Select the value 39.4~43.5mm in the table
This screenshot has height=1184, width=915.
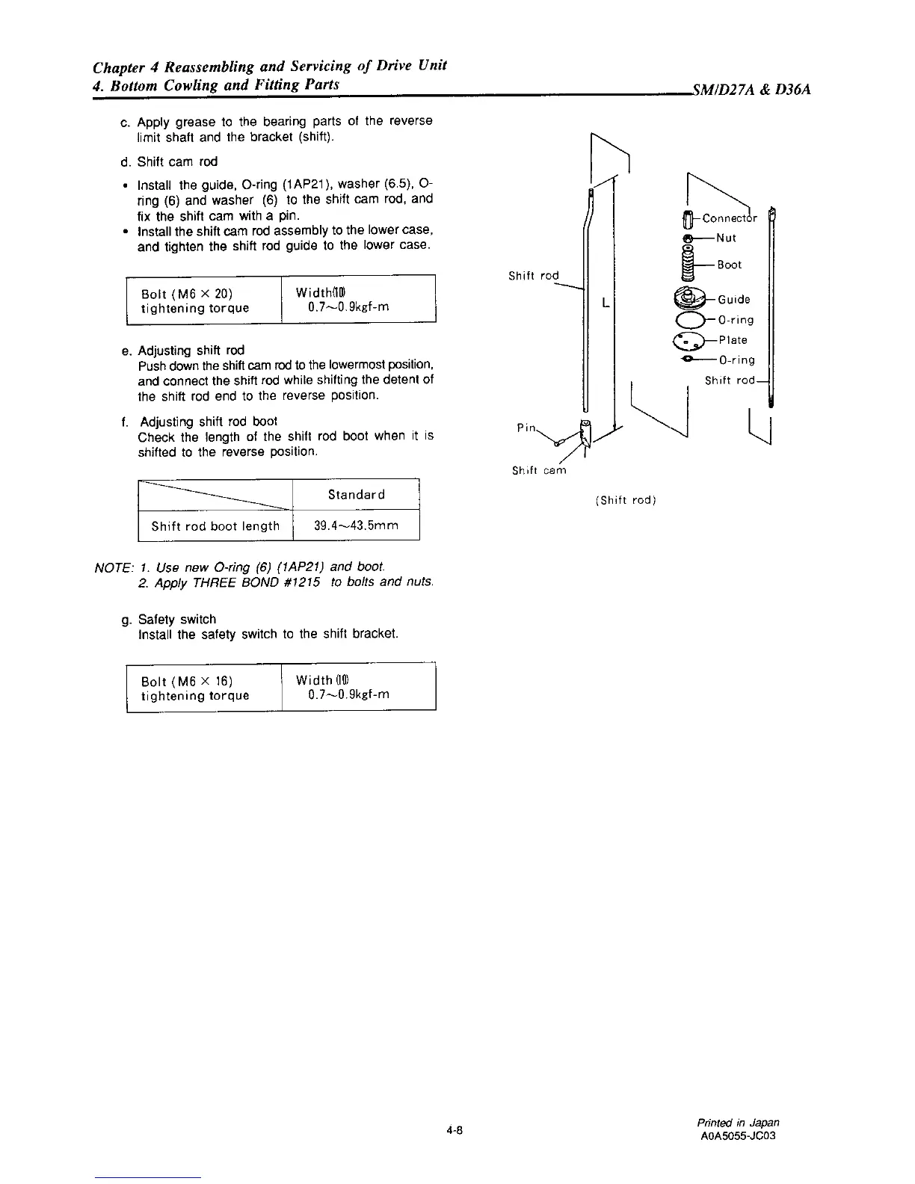pyautogui.click(x=356, y=525)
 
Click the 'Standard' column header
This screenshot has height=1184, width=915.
pyautogui.click(x=356, y=495)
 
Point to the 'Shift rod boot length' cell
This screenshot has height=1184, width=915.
pyautogui.click(x=215, y=525)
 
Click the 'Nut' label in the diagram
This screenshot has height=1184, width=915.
pyautogui.click(x=726, y=238)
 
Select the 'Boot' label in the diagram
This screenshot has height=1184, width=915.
pyautogui.click(x=730, y=265)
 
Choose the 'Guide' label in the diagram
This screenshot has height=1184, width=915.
pyautogui.click(x=733, y=300)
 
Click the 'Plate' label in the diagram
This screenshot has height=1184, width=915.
pyautogui.click(x=733, y=340)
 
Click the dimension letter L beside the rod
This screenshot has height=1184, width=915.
pyautogui.click(x=604, y=303)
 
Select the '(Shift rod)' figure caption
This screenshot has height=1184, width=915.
pyautogui.click(x=626, y=500)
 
